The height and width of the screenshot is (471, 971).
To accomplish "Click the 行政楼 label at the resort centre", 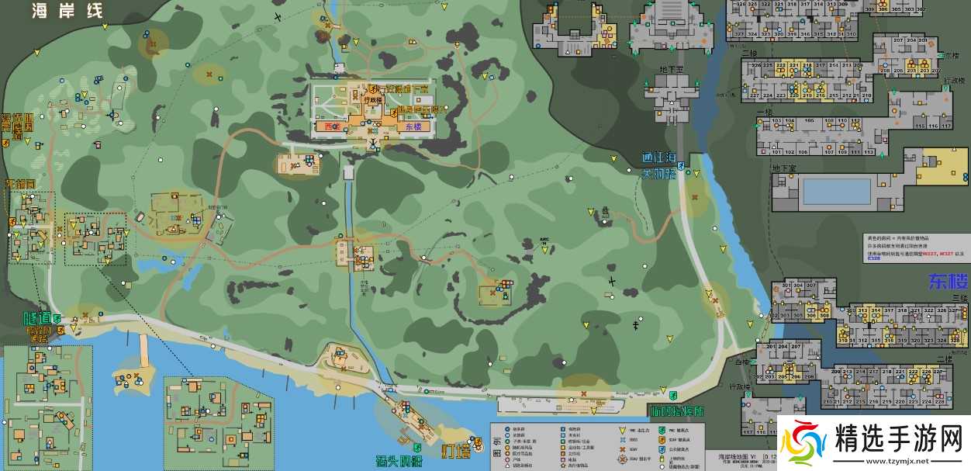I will click(374, 99).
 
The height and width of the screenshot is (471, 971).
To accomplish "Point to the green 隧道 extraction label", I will click(36, 317).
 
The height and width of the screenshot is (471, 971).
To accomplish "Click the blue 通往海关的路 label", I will click(659, 165).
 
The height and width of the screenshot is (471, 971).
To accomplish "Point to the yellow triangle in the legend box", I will click(622, 429).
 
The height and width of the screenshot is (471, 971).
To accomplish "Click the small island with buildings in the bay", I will click(127, 377).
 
